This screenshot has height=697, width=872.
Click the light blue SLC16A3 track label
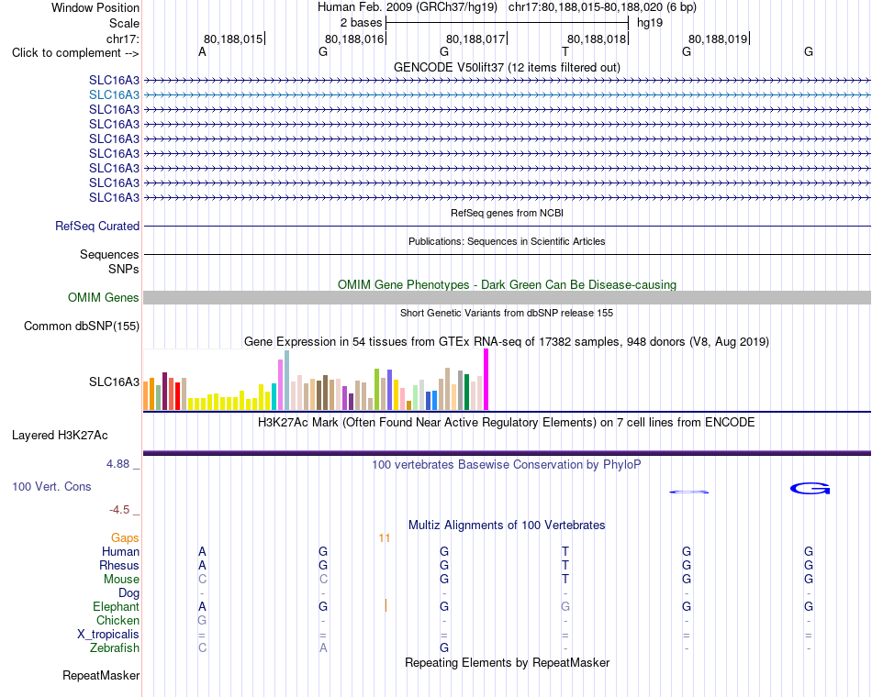point(114,95)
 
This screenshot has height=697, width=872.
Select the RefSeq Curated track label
point(97,227)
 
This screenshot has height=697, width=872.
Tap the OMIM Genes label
point(104,297)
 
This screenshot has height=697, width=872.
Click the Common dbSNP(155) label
point(82,326)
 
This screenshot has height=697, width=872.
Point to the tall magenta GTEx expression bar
point(486,380)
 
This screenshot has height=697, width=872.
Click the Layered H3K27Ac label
point(60,436)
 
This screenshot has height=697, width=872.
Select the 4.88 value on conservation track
point(118,464)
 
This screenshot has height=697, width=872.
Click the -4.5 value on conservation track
point(119,510)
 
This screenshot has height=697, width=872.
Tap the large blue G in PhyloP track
point(810,488)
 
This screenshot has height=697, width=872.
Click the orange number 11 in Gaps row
point(385,538)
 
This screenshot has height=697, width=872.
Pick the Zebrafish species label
point(115,648)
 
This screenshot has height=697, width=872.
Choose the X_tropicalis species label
point(108,635)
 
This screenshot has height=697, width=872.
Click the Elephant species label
point(117,607)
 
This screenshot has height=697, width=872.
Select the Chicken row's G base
point(202,620)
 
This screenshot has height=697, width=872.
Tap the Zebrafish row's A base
point(323,648)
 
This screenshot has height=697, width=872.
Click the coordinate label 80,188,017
point(475,39)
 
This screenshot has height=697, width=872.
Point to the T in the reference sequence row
point(565,51)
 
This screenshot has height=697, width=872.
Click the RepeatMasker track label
point(101,676)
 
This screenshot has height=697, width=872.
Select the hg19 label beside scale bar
point(650,23)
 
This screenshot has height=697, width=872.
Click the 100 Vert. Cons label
point(51,487)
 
